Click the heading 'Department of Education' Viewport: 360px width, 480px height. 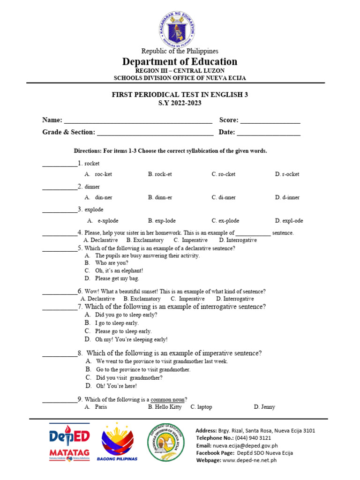coord(180,61)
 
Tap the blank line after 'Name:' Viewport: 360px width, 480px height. coord(138,121)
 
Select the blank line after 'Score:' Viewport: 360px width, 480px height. coord(270,121)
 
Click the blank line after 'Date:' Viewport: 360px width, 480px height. coord(269,133)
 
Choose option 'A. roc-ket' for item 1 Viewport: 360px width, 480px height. coord(99,174)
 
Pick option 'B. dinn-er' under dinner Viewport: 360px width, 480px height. coord(160,198)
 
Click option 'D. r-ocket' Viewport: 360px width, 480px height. coord(287,174)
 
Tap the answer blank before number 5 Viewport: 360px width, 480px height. coord(60,249)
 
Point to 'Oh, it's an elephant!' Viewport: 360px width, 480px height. coord(119,271)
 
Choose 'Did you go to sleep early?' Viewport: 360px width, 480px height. coord(126,315)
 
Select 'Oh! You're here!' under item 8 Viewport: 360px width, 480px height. coord(116,386)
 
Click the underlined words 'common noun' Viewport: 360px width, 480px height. coord(168,399)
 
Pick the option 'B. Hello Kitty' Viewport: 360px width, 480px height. coord(165,407)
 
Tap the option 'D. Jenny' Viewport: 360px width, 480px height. coord(264,407)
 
